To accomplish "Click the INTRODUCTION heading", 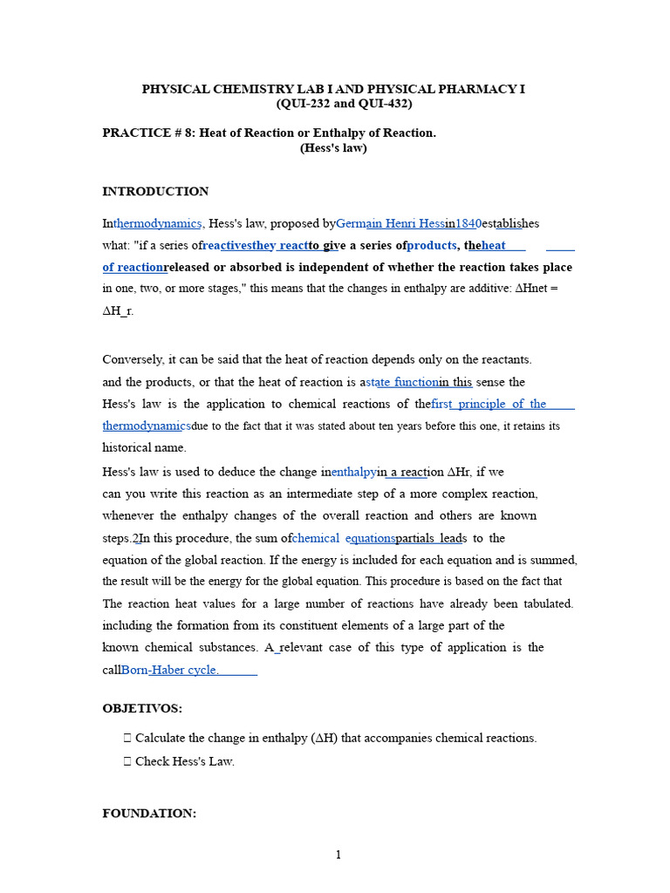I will pyautogui.click(x=155, y=192).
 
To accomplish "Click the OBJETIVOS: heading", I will pyautogui.click(x=142, y=709).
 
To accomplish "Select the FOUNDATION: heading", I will pyautogui.click(x=149, y=814).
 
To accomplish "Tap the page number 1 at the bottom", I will pyautogui.click(x=338, y=856).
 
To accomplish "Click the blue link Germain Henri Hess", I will pyautogui.click(x=390, y=223).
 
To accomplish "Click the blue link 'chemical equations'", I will pyautogui.click(x=344, y=538).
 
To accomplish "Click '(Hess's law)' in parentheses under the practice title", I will pyautogui.click(x=333, y=148).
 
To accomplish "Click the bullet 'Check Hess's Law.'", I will pyautogui.click(x=184, y=761).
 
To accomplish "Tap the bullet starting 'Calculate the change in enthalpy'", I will pyautogui.click(x=335, y=738).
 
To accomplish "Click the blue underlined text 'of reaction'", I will pyautogui.click(x=133, y=267).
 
